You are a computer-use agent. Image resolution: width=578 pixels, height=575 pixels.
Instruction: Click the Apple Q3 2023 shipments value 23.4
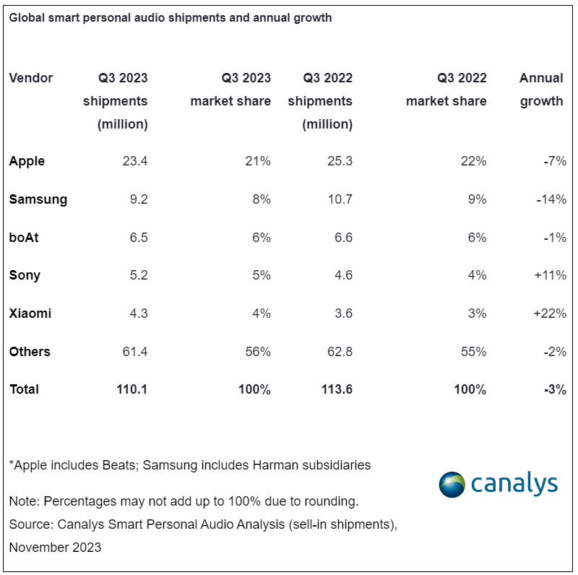point(135,161)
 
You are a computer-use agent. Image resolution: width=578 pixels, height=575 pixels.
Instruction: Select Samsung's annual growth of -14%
point(551,199)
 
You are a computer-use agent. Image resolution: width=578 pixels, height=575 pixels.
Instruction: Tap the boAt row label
point(24,238)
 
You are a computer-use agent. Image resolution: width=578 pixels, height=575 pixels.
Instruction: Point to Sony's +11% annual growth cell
point(551,275)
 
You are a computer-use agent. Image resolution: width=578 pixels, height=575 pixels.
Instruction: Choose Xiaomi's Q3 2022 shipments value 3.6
point(343,314)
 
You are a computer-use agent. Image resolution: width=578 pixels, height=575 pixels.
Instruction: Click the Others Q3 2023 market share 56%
point(258,352)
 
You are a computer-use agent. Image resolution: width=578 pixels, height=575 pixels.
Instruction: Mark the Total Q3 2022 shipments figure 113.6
point(337,389)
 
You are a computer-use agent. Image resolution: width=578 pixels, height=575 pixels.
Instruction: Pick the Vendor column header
point(31,78)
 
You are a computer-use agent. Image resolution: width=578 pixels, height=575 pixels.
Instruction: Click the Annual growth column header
point(541,90)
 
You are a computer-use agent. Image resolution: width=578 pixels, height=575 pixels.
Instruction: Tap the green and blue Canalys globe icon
point(452,484)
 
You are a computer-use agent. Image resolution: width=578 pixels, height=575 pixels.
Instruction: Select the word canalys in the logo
point(514,483)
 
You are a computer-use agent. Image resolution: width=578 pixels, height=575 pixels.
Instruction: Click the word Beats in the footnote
point(120,465)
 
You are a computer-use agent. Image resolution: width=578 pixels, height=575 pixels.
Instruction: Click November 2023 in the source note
point(55,548)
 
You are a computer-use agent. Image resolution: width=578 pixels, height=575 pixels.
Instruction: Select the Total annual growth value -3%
point(555,389)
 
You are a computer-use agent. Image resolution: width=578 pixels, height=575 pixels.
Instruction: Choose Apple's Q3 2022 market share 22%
point(474,161)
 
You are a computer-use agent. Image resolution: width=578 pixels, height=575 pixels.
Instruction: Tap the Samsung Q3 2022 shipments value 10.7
point(340,199)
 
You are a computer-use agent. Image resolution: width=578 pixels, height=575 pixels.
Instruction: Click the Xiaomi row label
point(30,314)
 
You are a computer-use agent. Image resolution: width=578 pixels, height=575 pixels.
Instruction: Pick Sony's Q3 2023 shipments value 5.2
point(139,275)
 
